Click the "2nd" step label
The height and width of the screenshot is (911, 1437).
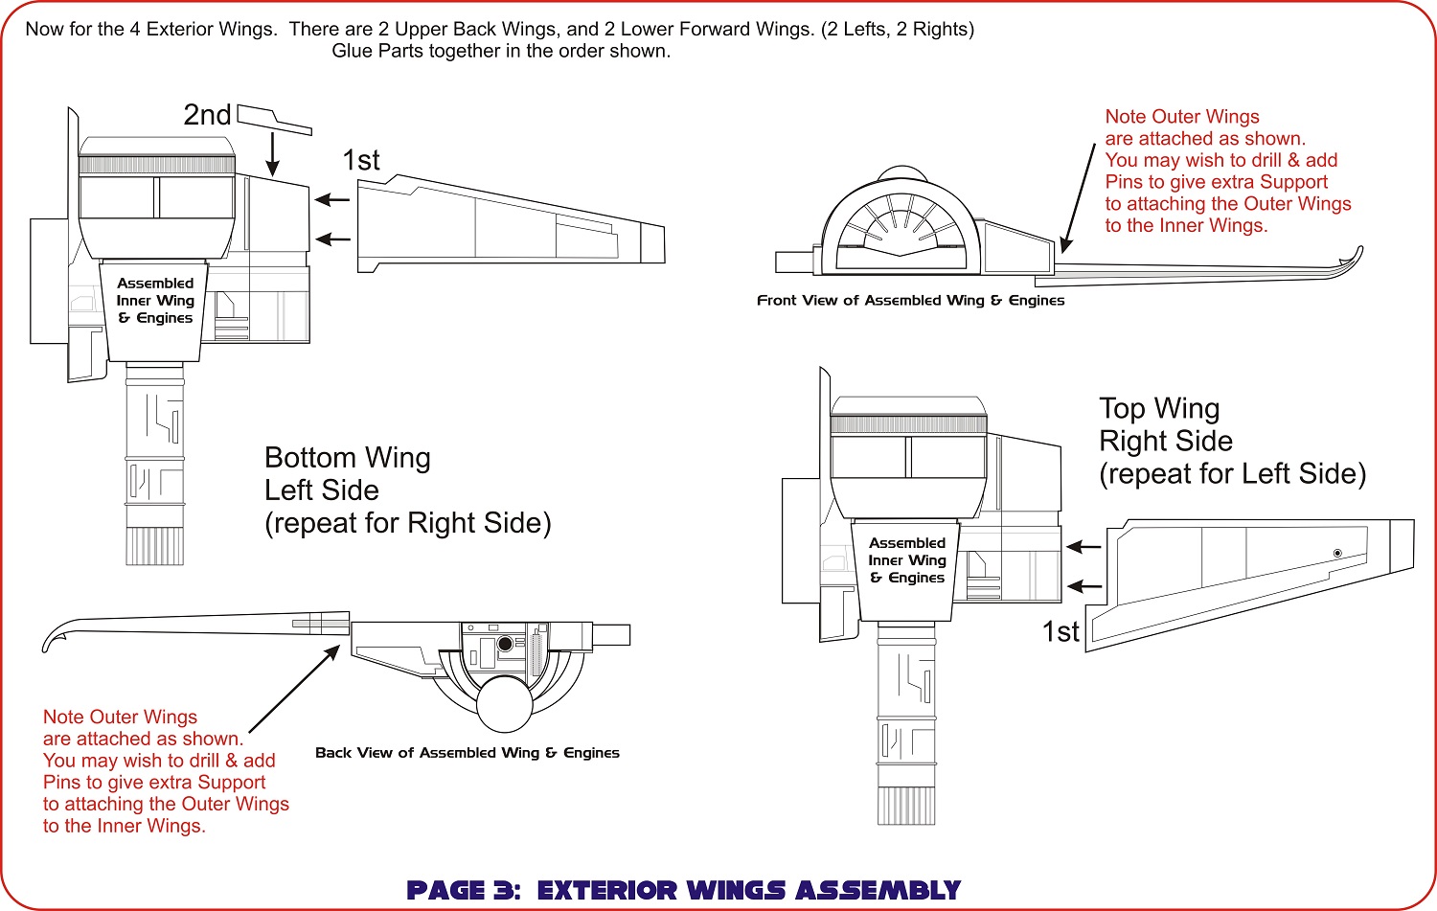click(207, 115)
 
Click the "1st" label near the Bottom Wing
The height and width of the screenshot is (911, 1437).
click(361, 160)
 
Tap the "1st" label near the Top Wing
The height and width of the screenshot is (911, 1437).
click(1061, 632)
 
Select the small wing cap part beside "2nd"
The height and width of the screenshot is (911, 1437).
click(273, 119)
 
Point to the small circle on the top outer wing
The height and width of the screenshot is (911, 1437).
click(1337, 554)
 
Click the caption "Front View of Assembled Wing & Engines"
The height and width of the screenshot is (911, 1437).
click(910, 301)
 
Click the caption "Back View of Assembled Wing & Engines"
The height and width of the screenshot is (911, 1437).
click(468, 753)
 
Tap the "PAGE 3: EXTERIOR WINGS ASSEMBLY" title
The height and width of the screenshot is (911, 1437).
click(684, 891)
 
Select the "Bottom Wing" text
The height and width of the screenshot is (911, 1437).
click(347, 458)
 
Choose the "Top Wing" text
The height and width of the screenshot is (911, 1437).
click(1159, 409)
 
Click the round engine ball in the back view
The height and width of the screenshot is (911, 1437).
click(504, 704)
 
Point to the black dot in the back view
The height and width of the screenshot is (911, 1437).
click(505, 645)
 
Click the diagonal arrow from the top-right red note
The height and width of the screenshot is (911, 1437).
click(1079, 197)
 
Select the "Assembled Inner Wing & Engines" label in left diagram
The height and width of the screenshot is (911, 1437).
click(155, 301)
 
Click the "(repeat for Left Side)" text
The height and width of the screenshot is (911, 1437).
click(1232, 474)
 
